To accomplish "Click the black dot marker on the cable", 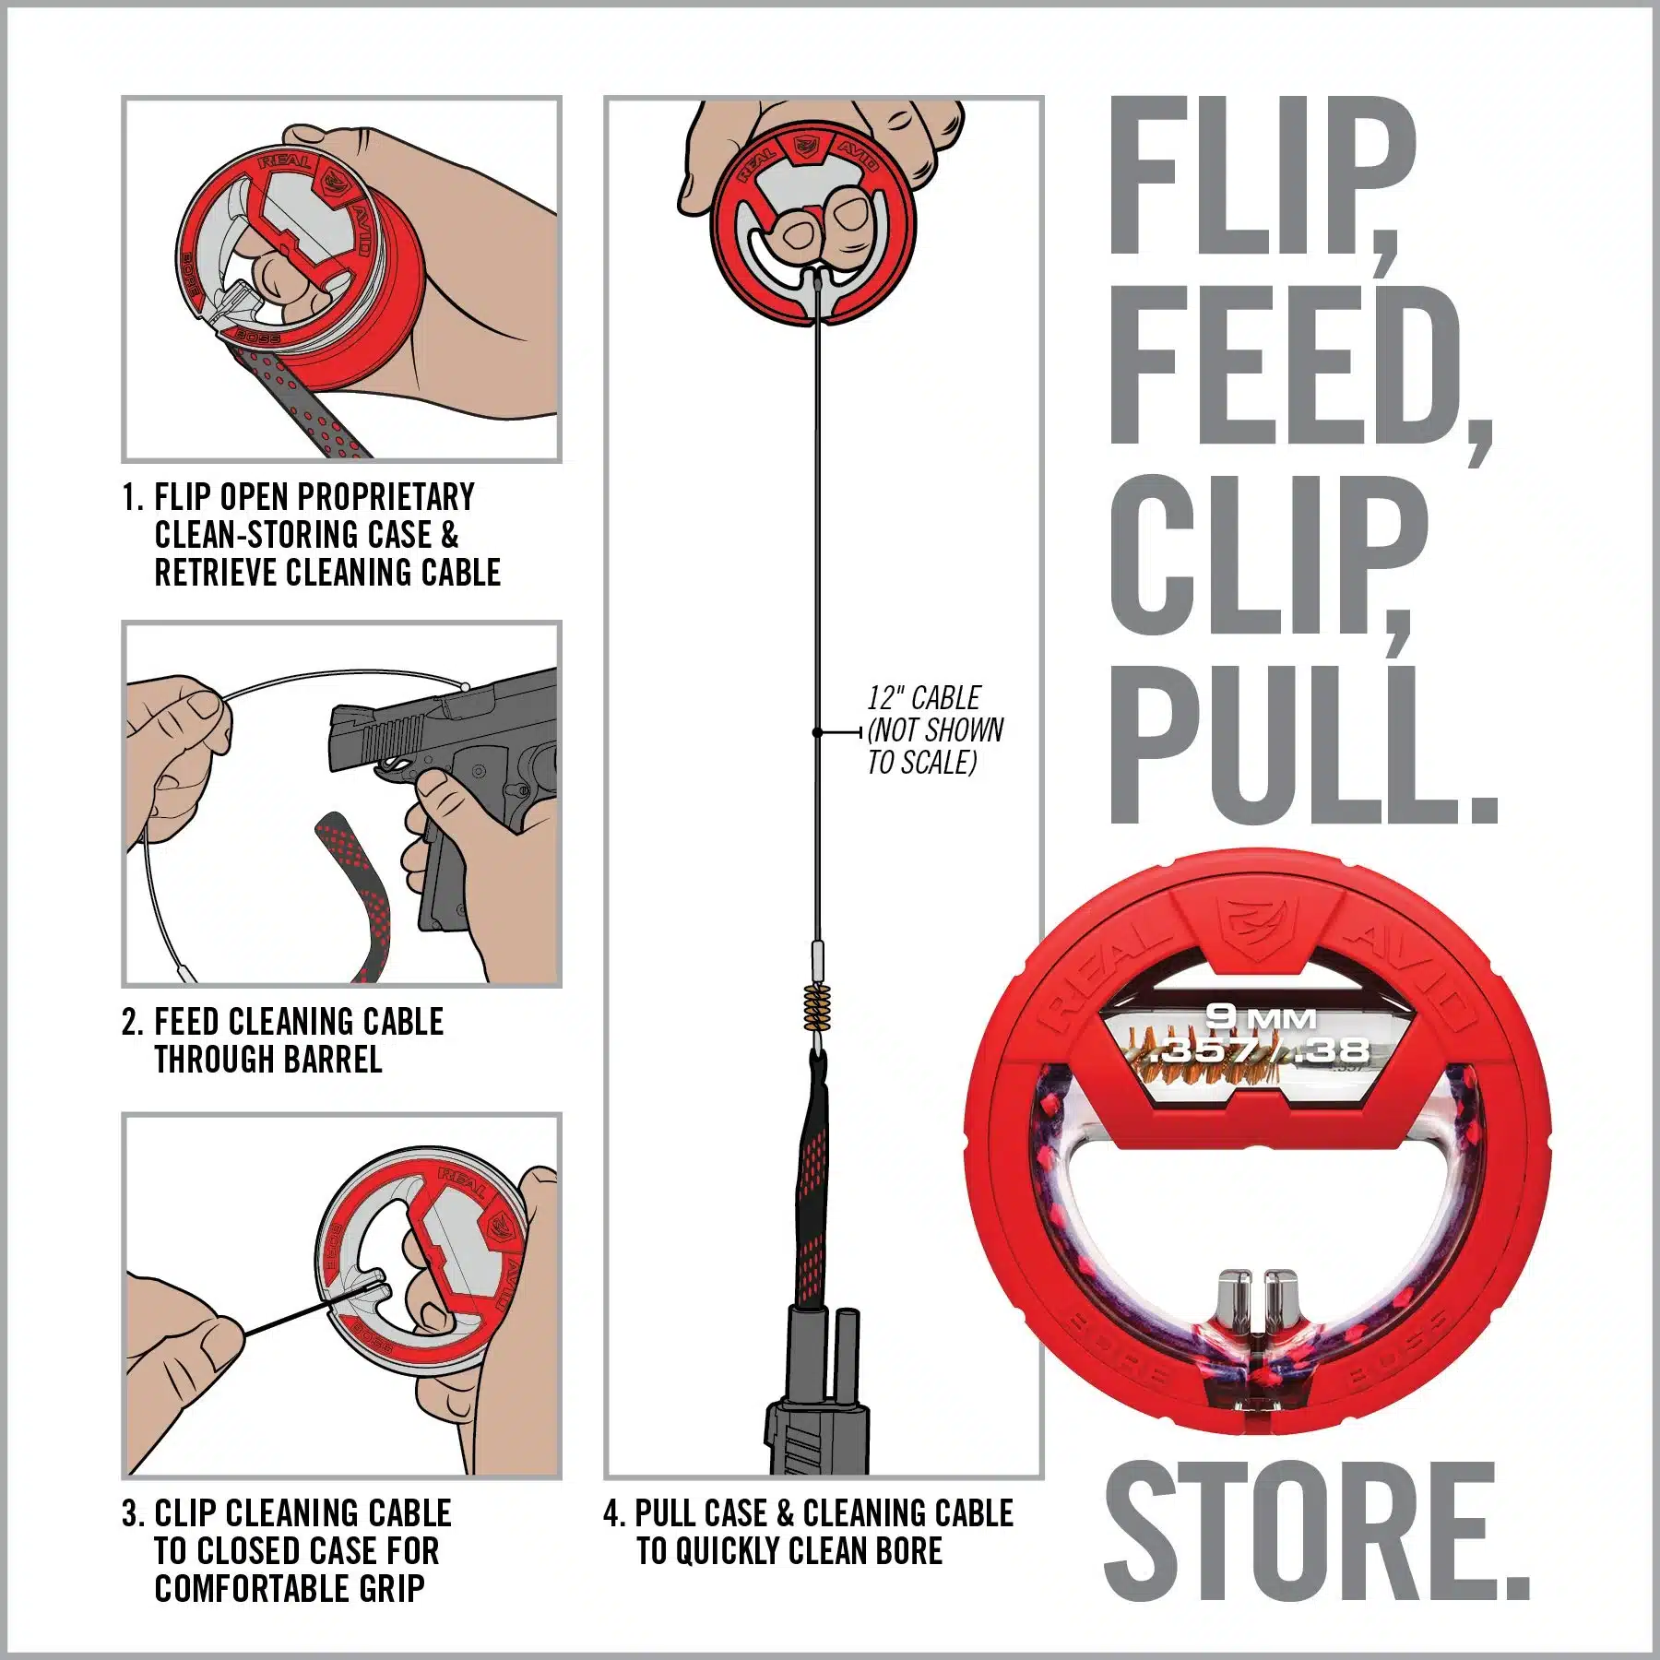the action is (817, 732).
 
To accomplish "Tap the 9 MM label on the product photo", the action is (1262, 1018).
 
